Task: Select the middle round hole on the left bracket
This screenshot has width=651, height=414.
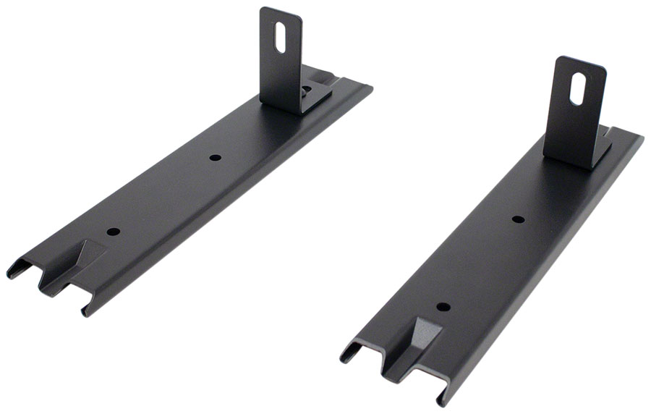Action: point(214,157)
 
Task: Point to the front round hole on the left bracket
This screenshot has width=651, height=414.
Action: point(114,232)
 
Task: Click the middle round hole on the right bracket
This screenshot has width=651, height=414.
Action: point(518,219)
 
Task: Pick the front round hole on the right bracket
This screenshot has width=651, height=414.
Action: point(443,306)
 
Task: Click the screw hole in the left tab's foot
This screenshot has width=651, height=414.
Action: point(307,90)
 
